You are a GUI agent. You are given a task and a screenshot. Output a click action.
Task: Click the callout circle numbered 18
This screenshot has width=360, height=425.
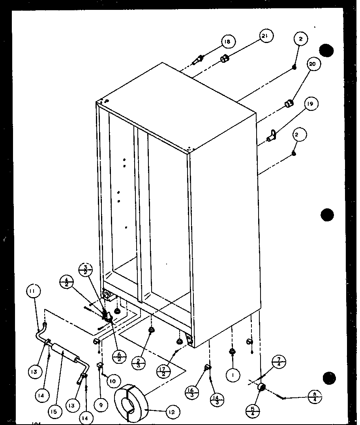(x=228, y=42)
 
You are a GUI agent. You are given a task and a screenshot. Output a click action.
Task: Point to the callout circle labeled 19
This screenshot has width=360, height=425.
(x=311, y=104)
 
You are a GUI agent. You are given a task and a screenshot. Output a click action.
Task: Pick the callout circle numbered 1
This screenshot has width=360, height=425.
(x=233, y=376)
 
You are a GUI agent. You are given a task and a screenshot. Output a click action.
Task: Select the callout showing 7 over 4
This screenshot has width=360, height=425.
(x=279, y=362)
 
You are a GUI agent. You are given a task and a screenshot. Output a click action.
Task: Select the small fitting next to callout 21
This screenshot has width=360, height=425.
(x=225, y=60)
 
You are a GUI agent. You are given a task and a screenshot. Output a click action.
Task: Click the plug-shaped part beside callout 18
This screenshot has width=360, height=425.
(x=198, y=60)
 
